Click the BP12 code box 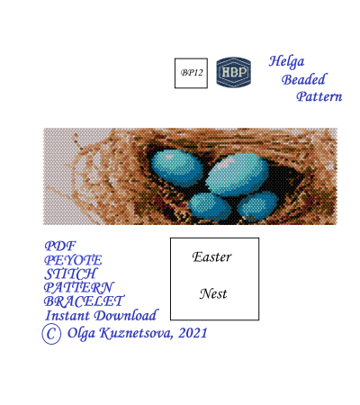coord(191,73)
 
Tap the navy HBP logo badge coord(234,72)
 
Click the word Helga coord(286,62)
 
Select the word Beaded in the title coord(303,79)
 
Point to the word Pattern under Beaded coord(319,96)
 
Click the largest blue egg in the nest coord(238,174)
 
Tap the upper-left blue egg coord(176,166)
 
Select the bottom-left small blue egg coord(210,204)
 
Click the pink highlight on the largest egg coord(228,162)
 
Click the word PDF coord(60,246)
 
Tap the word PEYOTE coord(73,260)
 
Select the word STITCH coord(70,274)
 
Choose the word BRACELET coord(84,301)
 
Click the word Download coord(125,315)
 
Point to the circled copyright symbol coord(51,333)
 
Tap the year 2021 coord(193,333)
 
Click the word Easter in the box coord(212,257)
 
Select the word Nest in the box coord(213,293)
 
